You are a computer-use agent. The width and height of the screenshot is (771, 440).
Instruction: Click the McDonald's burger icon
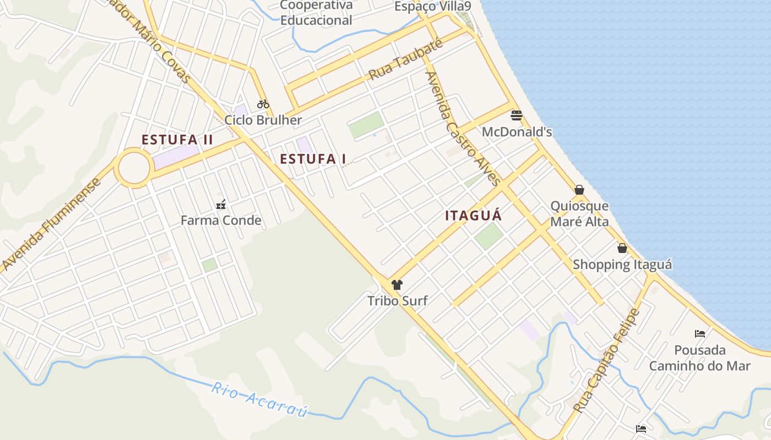click(517, 116)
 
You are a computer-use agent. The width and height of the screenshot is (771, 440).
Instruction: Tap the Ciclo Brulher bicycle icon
click(263, 104)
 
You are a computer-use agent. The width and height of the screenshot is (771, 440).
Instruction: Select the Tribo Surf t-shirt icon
click(397, 285)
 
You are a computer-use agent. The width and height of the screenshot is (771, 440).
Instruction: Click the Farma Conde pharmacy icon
click(221, 205)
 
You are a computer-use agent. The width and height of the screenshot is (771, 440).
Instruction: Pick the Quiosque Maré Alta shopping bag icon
click(579, 190)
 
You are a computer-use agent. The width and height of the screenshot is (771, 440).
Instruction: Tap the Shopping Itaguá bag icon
click(622, 248)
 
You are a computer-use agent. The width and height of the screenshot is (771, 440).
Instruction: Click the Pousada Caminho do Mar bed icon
click(700, 333)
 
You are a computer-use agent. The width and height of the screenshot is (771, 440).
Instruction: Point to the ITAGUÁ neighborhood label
click(474, 216)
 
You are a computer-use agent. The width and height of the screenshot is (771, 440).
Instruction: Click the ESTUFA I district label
click(313, 159)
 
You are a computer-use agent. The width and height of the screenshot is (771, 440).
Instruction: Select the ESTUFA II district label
click(177, 140)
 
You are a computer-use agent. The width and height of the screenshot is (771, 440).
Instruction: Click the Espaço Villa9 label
click(433, 7)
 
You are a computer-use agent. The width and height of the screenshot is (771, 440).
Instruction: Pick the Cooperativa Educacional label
click(316, 13)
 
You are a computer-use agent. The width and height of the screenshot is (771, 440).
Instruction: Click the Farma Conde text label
click(221, 221)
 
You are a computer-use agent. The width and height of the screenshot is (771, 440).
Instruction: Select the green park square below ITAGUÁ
click(488, 236)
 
